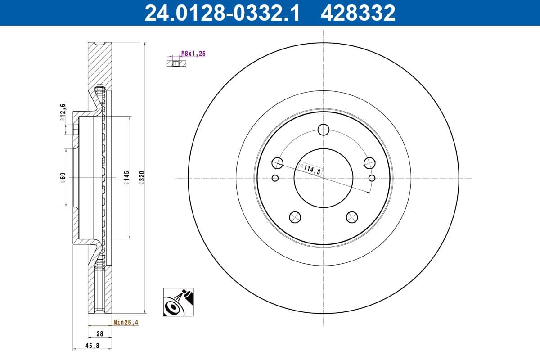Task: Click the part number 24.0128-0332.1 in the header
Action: pyautogui.click(x=221, y=13)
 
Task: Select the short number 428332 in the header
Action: pyautogui.click(x=358, y=13)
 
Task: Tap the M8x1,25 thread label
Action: pyautogui.click(x=193, y=54)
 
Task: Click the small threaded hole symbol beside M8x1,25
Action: pyautogui.click(x=176, y=63)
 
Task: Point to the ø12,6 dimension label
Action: pyautogui.click(x=63, y=112)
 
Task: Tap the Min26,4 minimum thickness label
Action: pyautogui.click(x=126, y=322)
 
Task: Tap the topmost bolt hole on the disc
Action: pyautogui.click(x=323, y=130)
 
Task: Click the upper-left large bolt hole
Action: pyautogui.click(x=278, y=163)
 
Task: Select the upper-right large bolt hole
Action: pyautogui.click(x=369, y=163)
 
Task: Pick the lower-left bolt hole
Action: pyautogui.click(x=295, y=217)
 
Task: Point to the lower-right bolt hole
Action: pyautogui.click(x=352, y=217)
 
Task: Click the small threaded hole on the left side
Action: pyautogui.click(x=275, y=178)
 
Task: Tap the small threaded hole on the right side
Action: pyautogui.click(x=372, y=178)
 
